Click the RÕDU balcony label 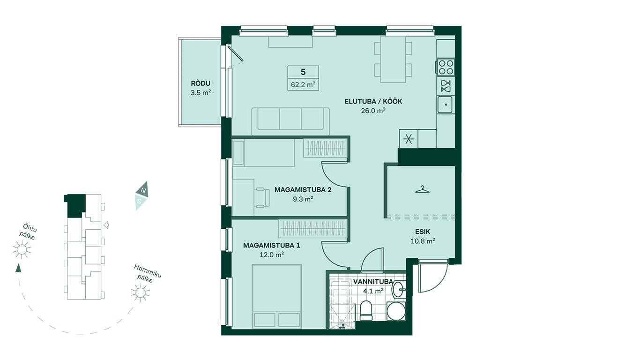click(x=201, y=83)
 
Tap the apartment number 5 click(x=303, y=72)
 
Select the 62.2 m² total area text click(x=303, y=85)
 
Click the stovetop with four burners click(x=446, y=67)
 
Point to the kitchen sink click(x=446, y=105)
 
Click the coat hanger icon click(x=423, y=189)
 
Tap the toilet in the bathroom click(x=366, y=310)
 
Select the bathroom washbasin click(x=399, y=289)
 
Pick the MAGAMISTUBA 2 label click(x=303, y=190)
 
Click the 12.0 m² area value click(x=271, y=255)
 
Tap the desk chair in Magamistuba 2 click(x=262, y=197)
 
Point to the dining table click(x=393, y=60)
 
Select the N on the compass click(x=144, y=191)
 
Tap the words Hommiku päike click(x=148, y=273)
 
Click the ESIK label click(x=423, y=232)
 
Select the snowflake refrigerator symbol click(x=409, y=139)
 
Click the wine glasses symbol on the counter click(x=446, y=86)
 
